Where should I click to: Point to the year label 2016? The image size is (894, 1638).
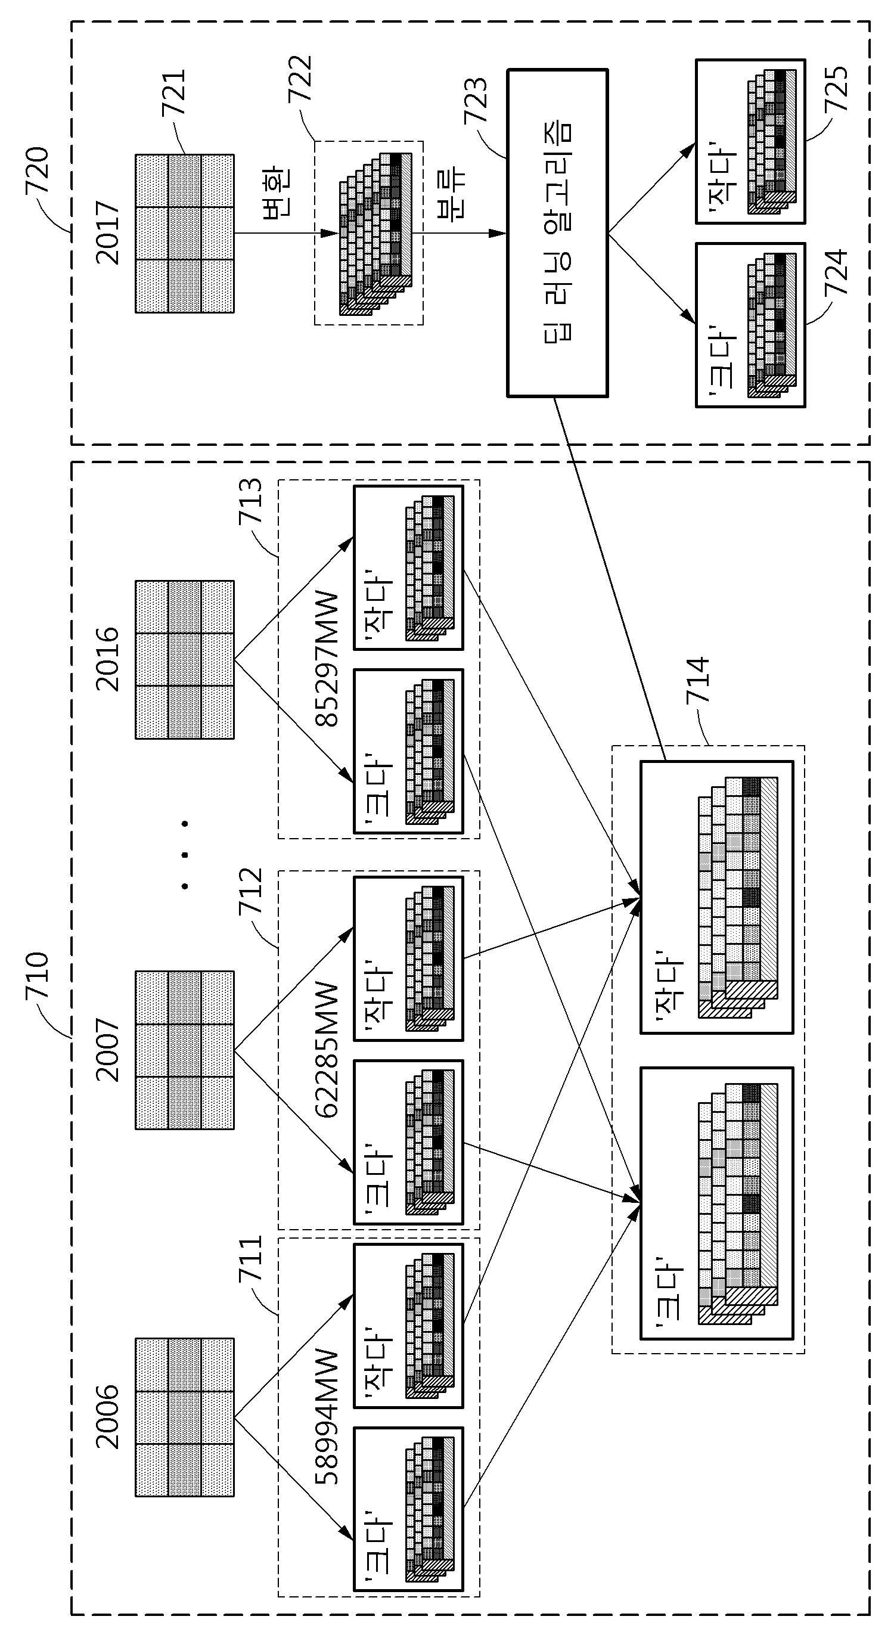[107, 659]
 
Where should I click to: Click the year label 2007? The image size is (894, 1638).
[107, 1050]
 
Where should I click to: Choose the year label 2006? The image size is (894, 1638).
[107, 1417]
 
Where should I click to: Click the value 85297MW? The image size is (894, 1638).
[328, 659]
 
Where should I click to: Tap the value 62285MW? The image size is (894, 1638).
[328, 1050]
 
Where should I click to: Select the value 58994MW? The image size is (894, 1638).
[328, 1417]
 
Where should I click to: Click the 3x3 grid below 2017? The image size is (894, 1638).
[184, 234]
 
